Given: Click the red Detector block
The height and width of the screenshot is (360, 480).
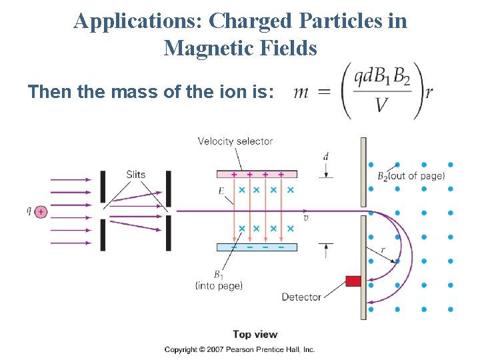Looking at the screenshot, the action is tap(353, 281).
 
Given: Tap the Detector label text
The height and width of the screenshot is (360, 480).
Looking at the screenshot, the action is tap(301, 297).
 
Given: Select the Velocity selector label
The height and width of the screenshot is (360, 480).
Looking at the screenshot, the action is tap(235, 141).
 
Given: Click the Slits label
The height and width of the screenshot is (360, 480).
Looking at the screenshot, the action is tap(135, 175).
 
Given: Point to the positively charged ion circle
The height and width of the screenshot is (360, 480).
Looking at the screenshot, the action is tap(41, 211).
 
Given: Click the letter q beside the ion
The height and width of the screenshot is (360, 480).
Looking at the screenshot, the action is tap(29, 211).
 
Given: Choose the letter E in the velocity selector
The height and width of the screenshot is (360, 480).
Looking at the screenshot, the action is tap(221, 190).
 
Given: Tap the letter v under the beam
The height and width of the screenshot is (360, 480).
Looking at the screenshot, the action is tap(306, 218).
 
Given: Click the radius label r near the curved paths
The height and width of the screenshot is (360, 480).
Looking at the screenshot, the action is tap(383, 249).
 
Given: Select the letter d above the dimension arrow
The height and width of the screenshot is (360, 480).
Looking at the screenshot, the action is tap(325, 156).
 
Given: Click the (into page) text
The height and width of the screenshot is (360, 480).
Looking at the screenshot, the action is tap(219, 285).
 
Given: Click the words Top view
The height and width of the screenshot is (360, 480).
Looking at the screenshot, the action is tap(255, 334).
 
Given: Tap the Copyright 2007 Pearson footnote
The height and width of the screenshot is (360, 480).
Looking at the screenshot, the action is tap(240, 349).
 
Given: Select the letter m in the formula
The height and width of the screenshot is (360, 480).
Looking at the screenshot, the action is tap(301, 92).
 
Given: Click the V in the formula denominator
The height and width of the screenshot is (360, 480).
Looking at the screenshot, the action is tap(382, 105).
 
